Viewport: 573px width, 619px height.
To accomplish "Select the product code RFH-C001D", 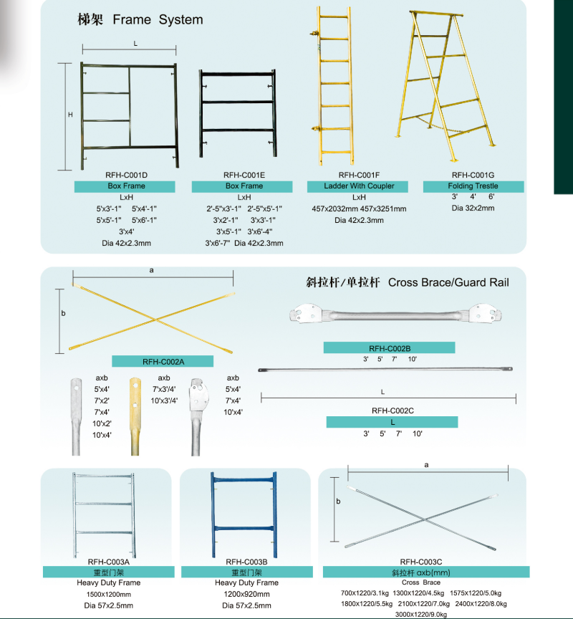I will click(x=126, y=174).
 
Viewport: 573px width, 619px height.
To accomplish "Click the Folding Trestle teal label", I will click(x=473, y=186).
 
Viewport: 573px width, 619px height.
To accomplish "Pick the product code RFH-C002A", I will click(x=163, y=362).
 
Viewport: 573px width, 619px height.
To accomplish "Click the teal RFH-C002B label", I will click(x=389, y=347).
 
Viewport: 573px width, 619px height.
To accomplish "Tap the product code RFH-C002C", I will click(x=392, y=411).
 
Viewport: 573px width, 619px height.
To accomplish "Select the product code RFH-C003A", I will click(x=108, y=562).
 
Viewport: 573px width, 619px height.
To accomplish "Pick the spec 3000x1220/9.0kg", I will click(x=420, y=614).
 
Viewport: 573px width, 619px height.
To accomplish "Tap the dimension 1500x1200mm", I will click(x=109, y=595).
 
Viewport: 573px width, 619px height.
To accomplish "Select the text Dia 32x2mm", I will click(x=473, y=208).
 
